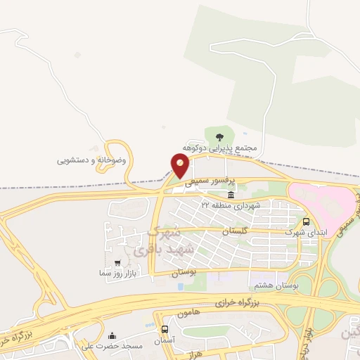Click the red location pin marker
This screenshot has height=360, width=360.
click(181, 165)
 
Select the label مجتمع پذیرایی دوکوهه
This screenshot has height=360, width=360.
click(221, 149)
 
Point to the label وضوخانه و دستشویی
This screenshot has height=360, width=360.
click(92, 160)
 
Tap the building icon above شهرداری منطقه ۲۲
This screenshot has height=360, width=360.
click(231, 194)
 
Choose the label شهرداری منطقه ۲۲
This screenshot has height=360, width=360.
click(231, 205)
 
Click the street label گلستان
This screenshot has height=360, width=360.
click(236, 231)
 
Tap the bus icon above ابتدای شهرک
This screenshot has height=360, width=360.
click(305, 220)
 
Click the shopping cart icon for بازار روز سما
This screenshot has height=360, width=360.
click(108, 263)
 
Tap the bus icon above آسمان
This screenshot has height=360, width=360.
click(165, 328)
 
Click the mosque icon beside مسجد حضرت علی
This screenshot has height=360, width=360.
click(112, 336)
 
